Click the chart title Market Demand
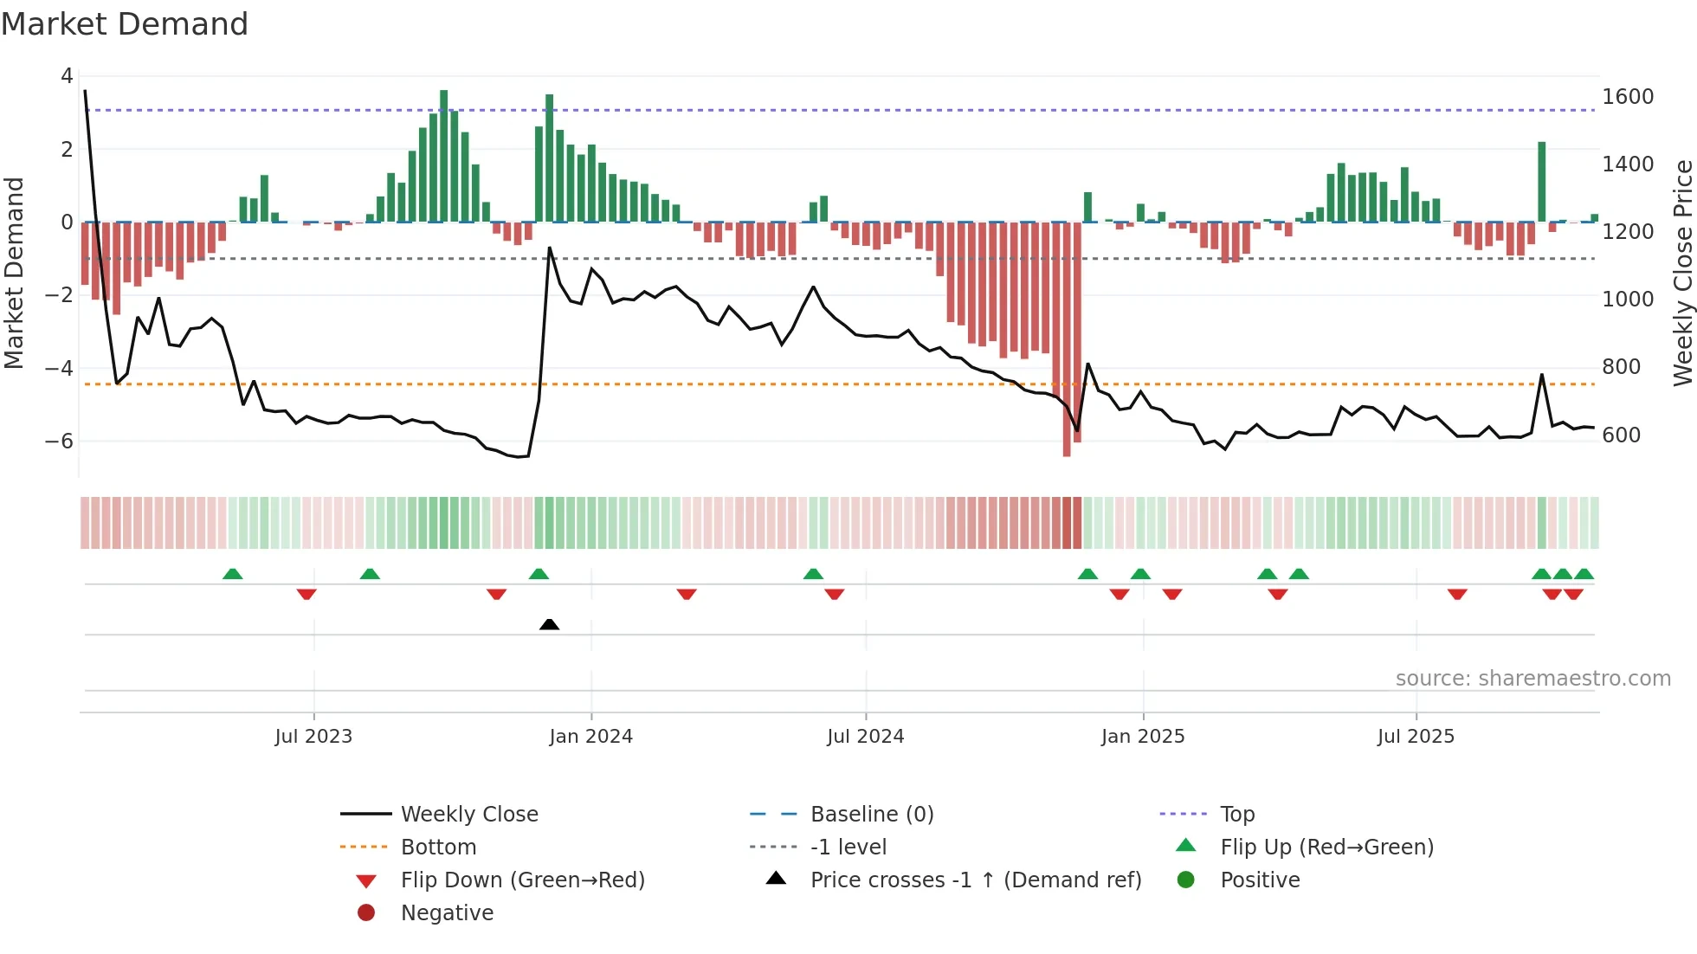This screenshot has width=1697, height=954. coord(125,24)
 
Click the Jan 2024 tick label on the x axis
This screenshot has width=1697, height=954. coord(590,737)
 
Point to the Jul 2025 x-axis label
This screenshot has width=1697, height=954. coord(1416,737)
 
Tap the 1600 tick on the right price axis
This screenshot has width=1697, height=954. coord(1627,97)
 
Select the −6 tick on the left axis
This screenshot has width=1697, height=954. coord(59,441)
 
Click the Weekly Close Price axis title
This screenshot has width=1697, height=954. coord(1682,273)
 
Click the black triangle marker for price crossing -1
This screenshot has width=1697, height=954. coord(549,624)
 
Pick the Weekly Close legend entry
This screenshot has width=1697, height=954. coord(468,814)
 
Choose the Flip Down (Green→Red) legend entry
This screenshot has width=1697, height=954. coord(522,880)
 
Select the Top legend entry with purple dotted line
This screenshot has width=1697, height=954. coord(1236,814)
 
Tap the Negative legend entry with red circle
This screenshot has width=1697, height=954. coord(447,912)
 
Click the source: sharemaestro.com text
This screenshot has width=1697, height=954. coord(1532,679)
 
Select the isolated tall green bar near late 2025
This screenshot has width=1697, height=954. coord(1541,182)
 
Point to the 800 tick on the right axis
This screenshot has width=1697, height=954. coord(1621,367)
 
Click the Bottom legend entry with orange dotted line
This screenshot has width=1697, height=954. coord(438,847)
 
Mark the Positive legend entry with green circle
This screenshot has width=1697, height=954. coord(1259,880)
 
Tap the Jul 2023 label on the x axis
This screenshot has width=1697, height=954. coord(313,737)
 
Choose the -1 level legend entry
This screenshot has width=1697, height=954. coord(848,847)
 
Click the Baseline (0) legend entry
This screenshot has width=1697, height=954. coord(871,814)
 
